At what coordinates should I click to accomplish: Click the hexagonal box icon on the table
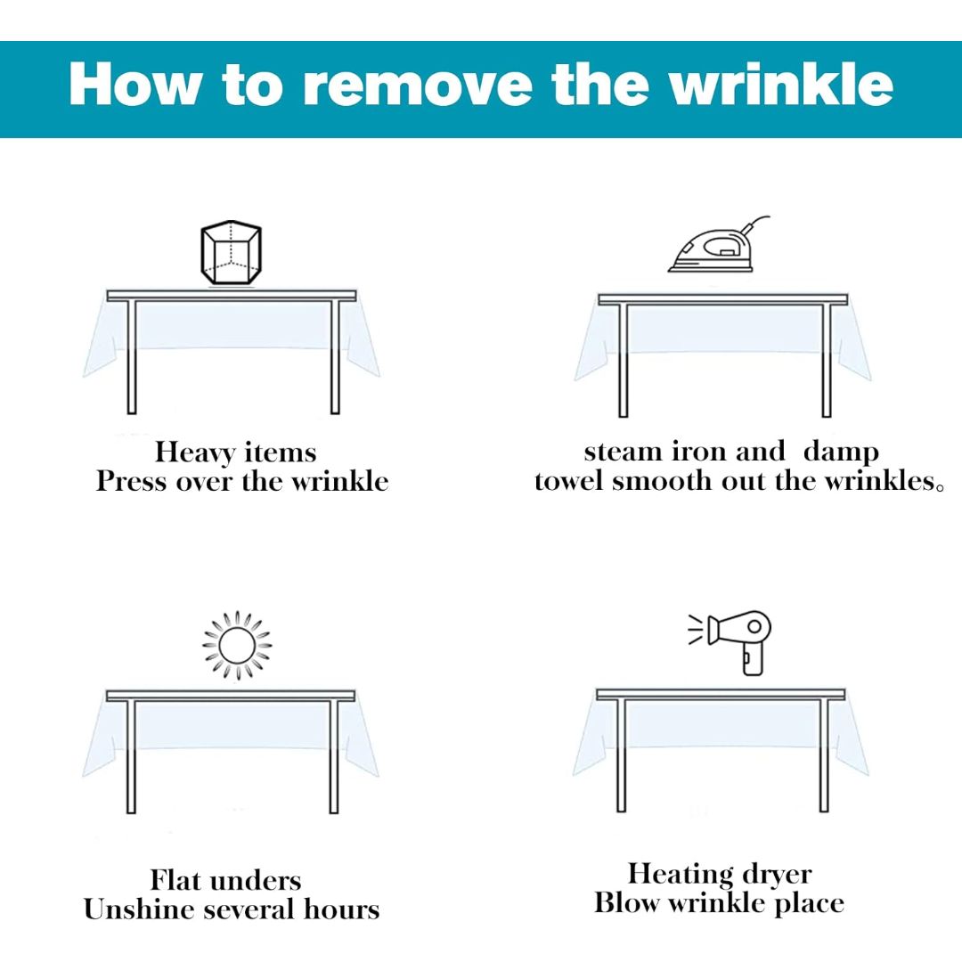[232, 252]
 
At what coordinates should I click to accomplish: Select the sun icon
[237, 645]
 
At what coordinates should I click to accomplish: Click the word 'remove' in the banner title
[417, 86]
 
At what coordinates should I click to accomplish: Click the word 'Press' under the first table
[131, 481]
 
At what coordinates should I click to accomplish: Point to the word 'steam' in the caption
[622, 452]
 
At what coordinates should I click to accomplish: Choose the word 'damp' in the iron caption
[841, 452]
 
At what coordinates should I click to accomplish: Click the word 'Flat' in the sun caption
[175, 880]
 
